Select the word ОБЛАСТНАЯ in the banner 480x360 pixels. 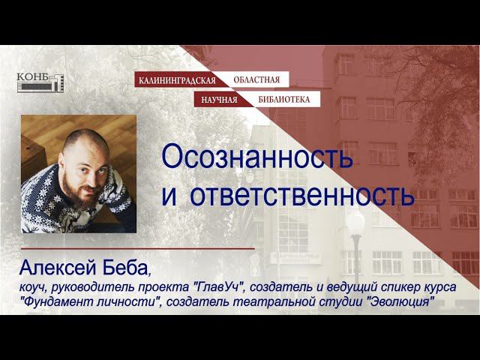click(256, 79)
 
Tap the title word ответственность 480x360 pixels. click(302, 194)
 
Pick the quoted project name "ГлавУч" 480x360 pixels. click(219, 287)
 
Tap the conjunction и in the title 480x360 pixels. click(169, 194)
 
